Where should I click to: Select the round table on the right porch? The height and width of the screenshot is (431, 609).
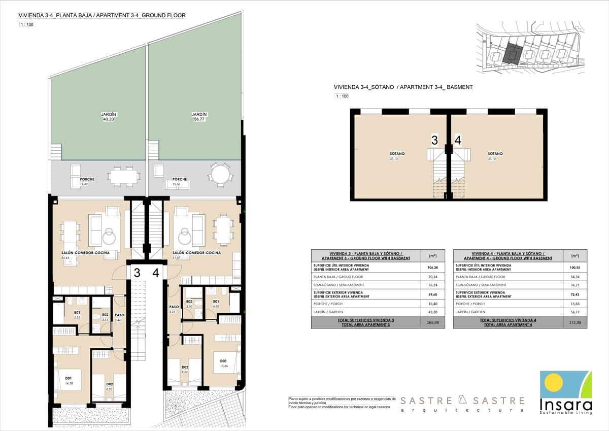point(220,175)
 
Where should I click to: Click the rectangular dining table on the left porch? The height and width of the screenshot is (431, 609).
point(124,176)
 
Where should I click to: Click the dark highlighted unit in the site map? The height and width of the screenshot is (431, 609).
point(513,53)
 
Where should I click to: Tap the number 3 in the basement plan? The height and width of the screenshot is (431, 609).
point(434,140)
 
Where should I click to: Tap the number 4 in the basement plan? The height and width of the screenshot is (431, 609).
point(458,140)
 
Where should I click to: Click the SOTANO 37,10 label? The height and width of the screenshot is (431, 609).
point(495,156)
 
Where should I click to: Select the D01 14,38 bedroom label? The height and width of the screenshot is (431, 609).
point(68,380)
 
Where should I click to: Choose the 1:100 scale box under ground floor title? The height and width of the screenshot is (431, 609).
point(27,24)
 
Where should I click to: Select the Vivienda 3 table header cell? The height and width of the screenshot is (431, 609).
point(366,255)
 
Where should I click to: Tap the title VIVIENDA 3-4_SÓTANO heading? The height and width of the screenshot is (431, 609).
point(403,87)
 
